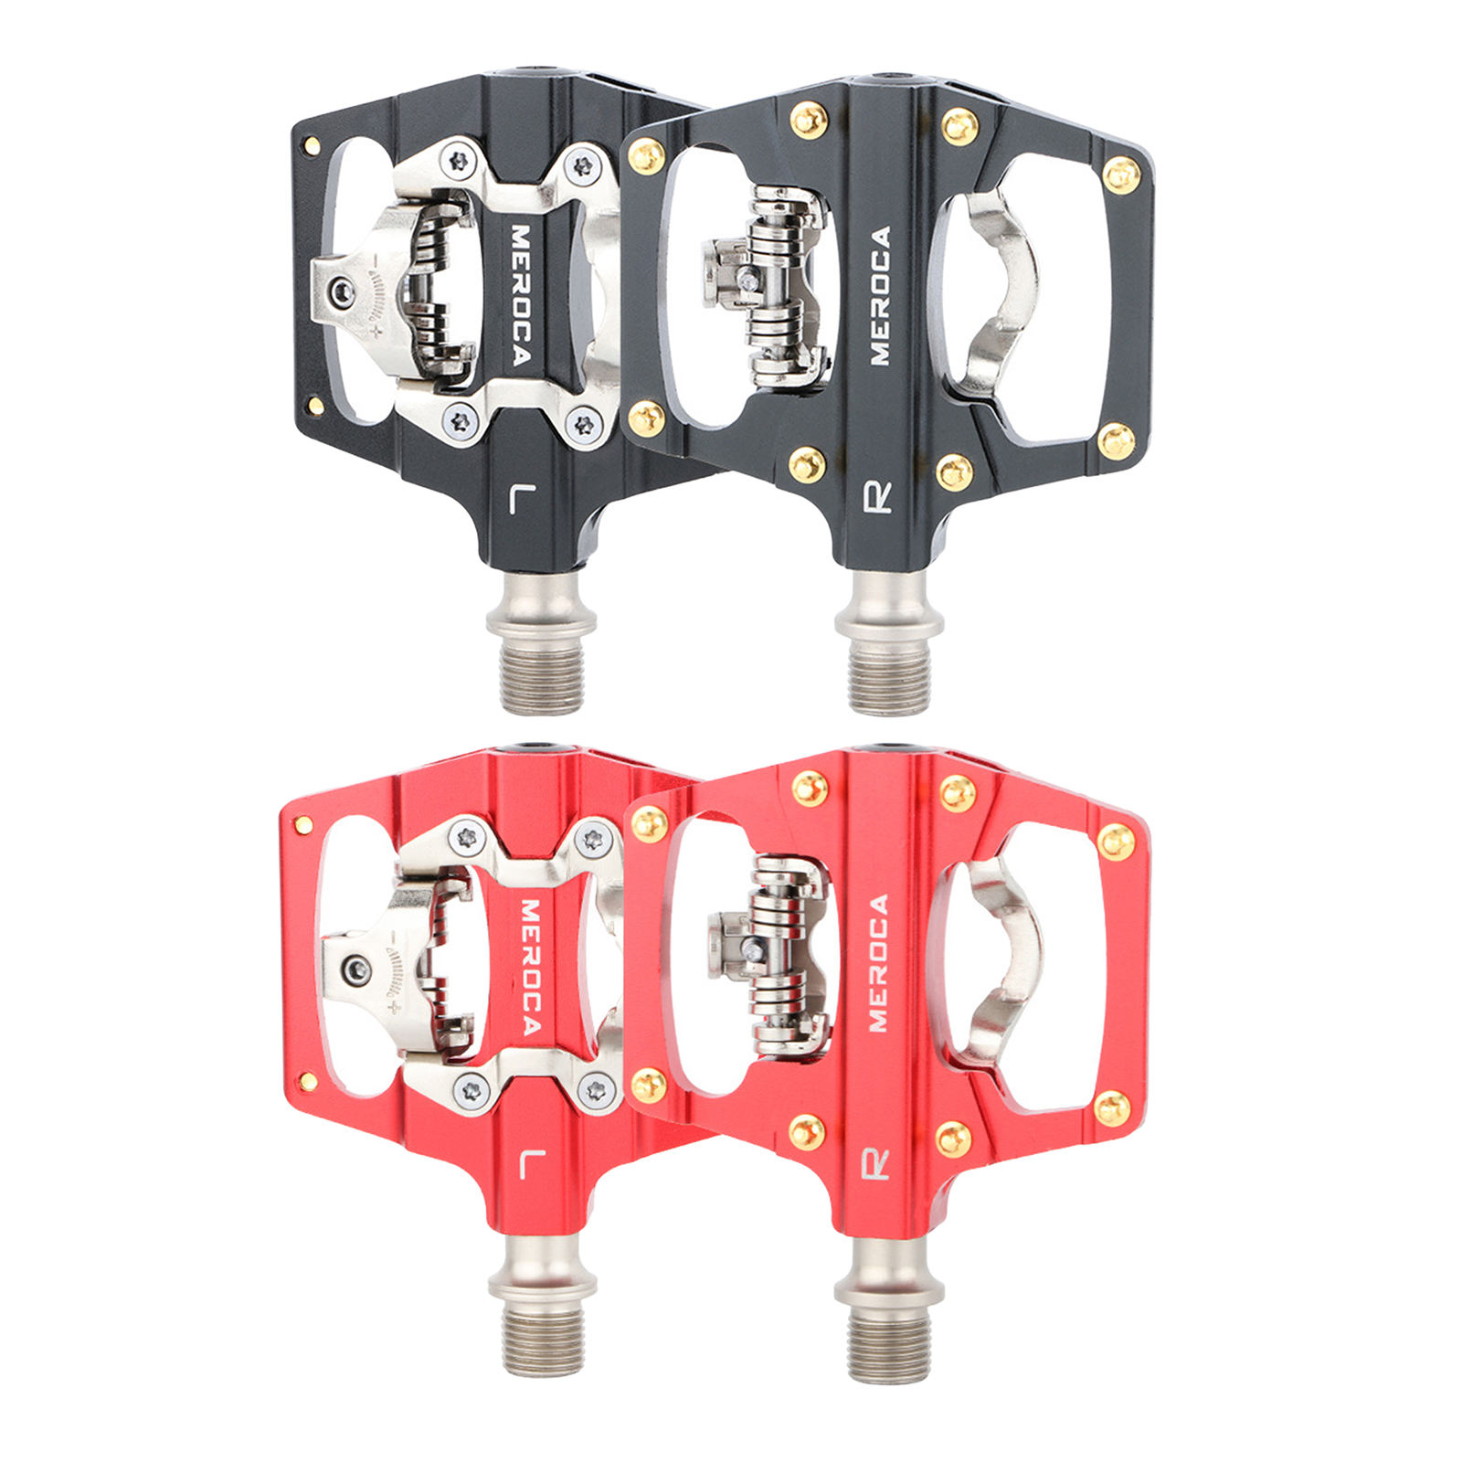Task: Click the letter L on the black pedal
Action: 522,501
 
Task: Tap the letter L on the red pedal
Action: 531,1164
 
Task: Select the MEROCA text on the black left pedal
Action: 520,295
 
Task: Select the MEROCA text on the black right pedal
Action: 879,295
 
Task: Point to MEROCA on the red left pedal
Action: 530,967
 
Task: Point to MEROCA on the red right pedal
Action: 878,963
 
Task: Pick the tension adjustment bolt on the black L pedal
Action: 343,291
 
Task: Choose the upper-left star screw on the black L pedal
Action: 460,162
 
